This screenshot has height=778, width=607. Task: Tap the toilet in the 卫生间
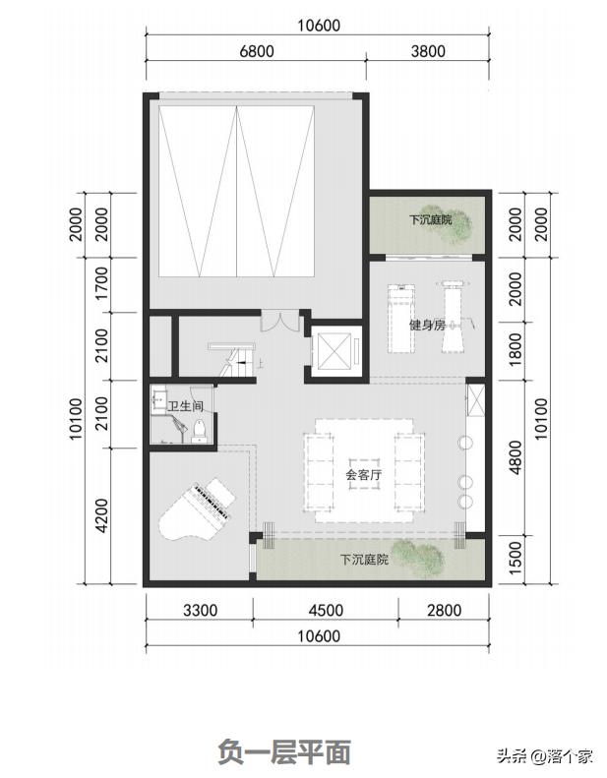click(x=199, y=430)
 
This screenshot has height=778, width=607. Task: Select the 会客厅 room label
click(x=364, y=475)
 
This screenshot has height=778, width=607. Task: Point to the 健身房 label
click(x=427, y=326)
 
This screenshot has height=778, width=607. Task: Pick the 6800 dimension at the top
click(x=257, y=51)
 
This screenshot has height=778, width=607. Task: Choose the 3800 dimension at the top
click(x=428, y=51)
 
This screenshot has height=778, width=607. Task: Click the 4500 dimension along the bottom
click(x=326, y=610)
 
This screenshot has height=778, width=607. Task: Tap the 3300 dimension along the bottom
click(x=200, y=610)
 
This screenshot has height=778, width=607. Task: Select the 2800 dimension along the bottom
click(x=445, y=610)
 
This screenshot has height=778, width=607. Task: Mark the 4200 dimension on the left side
click(x=101, y=515)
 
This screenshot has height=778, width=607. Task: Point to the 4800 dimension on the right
click(x=516, y=457)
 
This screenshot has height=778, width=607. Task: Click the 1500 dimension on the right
click(x=516, y=559)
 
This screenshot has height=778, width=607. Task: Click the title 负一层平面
click(x=284, y=750)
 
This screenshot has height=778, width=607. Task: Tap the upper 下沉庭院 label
click(x=430, y=219)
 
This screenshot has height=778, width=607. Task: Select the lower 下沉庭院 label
click(x=364, y=560)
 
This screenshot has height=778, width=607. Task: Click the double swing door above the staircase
click(x=280, y=321)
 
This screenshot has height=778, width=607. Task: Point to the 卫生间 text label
click(x=185, y=407)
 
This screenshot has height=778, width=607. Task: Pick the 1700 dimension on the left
click(x=101, y=283)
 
